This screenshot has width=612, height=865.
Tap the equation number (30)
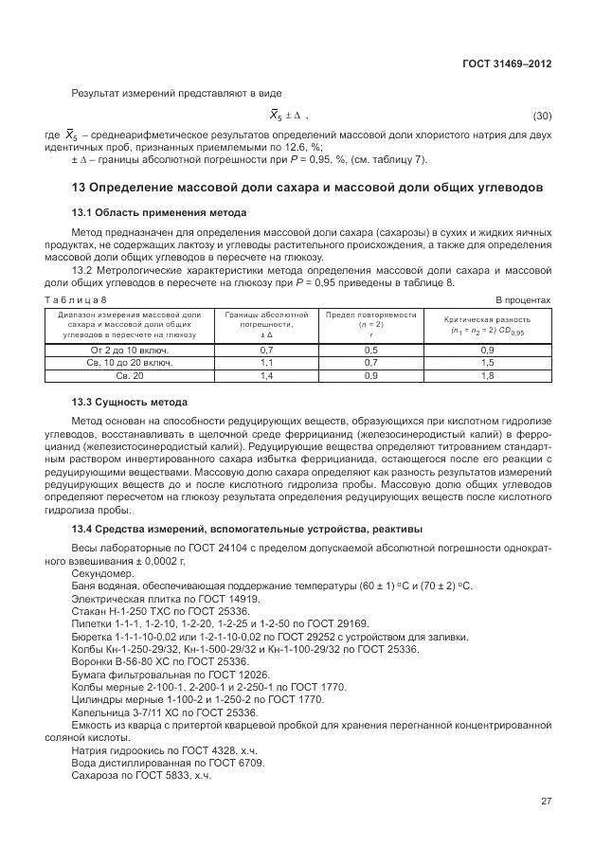[543, 117]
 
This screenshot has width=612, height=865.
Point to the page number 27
[547, 801]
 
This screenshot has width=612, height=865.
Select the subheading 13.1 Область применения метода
[159, 212]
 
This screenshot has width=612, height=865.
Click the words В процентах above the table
[524, 299]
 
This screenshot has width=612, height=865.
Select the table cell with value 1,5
[487, 363]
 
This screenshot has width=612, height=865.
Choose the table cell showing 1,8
[487, 376]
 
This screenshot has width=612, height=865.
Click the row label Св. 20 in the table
[130, 376]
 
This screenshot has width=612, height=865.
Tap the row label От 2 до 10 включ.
[130, 350]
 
